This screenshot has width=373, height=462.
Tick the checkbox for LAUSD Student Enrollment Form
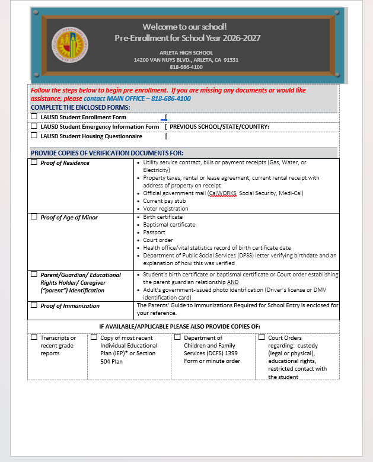tap(34, 117)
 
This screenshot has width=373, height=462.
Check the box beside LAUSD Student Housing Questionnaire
tap(34, 135)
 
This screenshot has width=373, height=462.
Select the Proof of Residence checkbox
tap(34, 162)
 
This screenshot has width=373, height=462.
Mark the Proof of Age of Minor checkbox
tap(34, 217)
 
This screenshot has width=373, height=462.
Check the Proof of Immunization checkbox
tap(34, 305)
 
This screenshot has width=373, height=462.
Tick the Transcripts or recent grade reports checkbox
tap(34, 337)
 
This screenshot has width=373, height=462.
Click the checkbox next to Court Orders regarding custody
tap(262, 337)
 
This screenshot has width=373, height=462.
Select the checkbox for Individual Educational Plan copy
tap(94, 337)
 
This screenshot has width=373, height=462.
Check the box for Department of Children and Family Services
tap(177, 337)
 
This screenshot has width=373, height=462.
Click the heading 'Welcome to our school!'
tap(184, 27)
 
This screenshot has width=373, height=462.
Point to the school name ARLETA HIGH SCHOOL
tap(186, 53)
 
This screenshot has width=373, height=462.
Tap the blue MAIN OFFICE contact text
tap(137, 98)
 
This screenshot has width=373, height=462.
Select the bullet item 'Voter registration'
tap(165, 209)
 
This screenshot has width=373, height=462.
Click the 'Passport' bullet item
tap(154, 232)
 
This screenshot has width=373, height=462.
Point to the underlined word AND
tap(232, 282)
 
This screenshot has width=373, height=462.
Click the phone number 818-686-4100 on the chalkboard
tap(186, 67)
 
